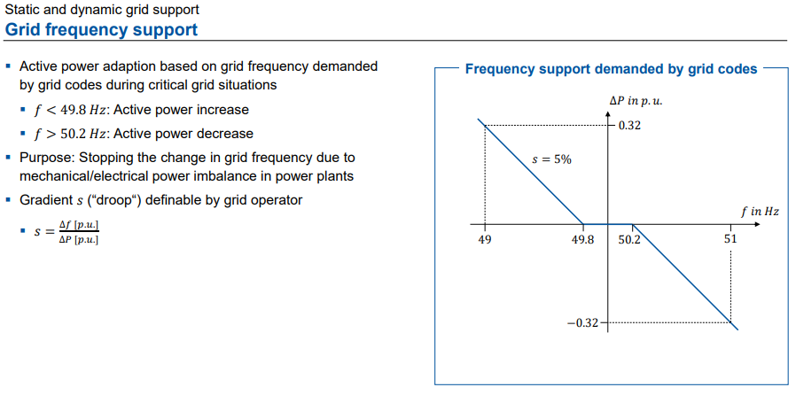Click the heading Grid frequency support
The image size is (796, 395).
[101, 29]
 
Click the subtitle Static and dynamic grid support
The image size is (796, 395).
[102, 10]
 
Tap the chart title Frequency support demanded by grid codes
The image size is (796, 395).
[612, 69]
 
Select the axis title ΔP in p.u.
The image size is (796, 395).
[636, 101]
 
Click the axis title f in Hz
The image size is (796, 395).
[760, 212]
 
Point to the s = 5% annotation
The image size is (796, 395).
[551, 159]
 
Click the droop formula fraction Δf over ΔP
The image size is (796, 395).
[78, 233]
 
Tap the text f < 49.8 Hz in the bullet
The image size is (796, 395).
[72, 110]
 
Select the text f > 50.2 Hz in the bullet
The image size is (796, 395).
[72, 134]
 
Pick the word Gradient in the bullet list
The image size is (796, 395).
[45, 199]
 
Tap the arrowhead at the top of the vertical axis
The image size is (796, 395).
[607, 113]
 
